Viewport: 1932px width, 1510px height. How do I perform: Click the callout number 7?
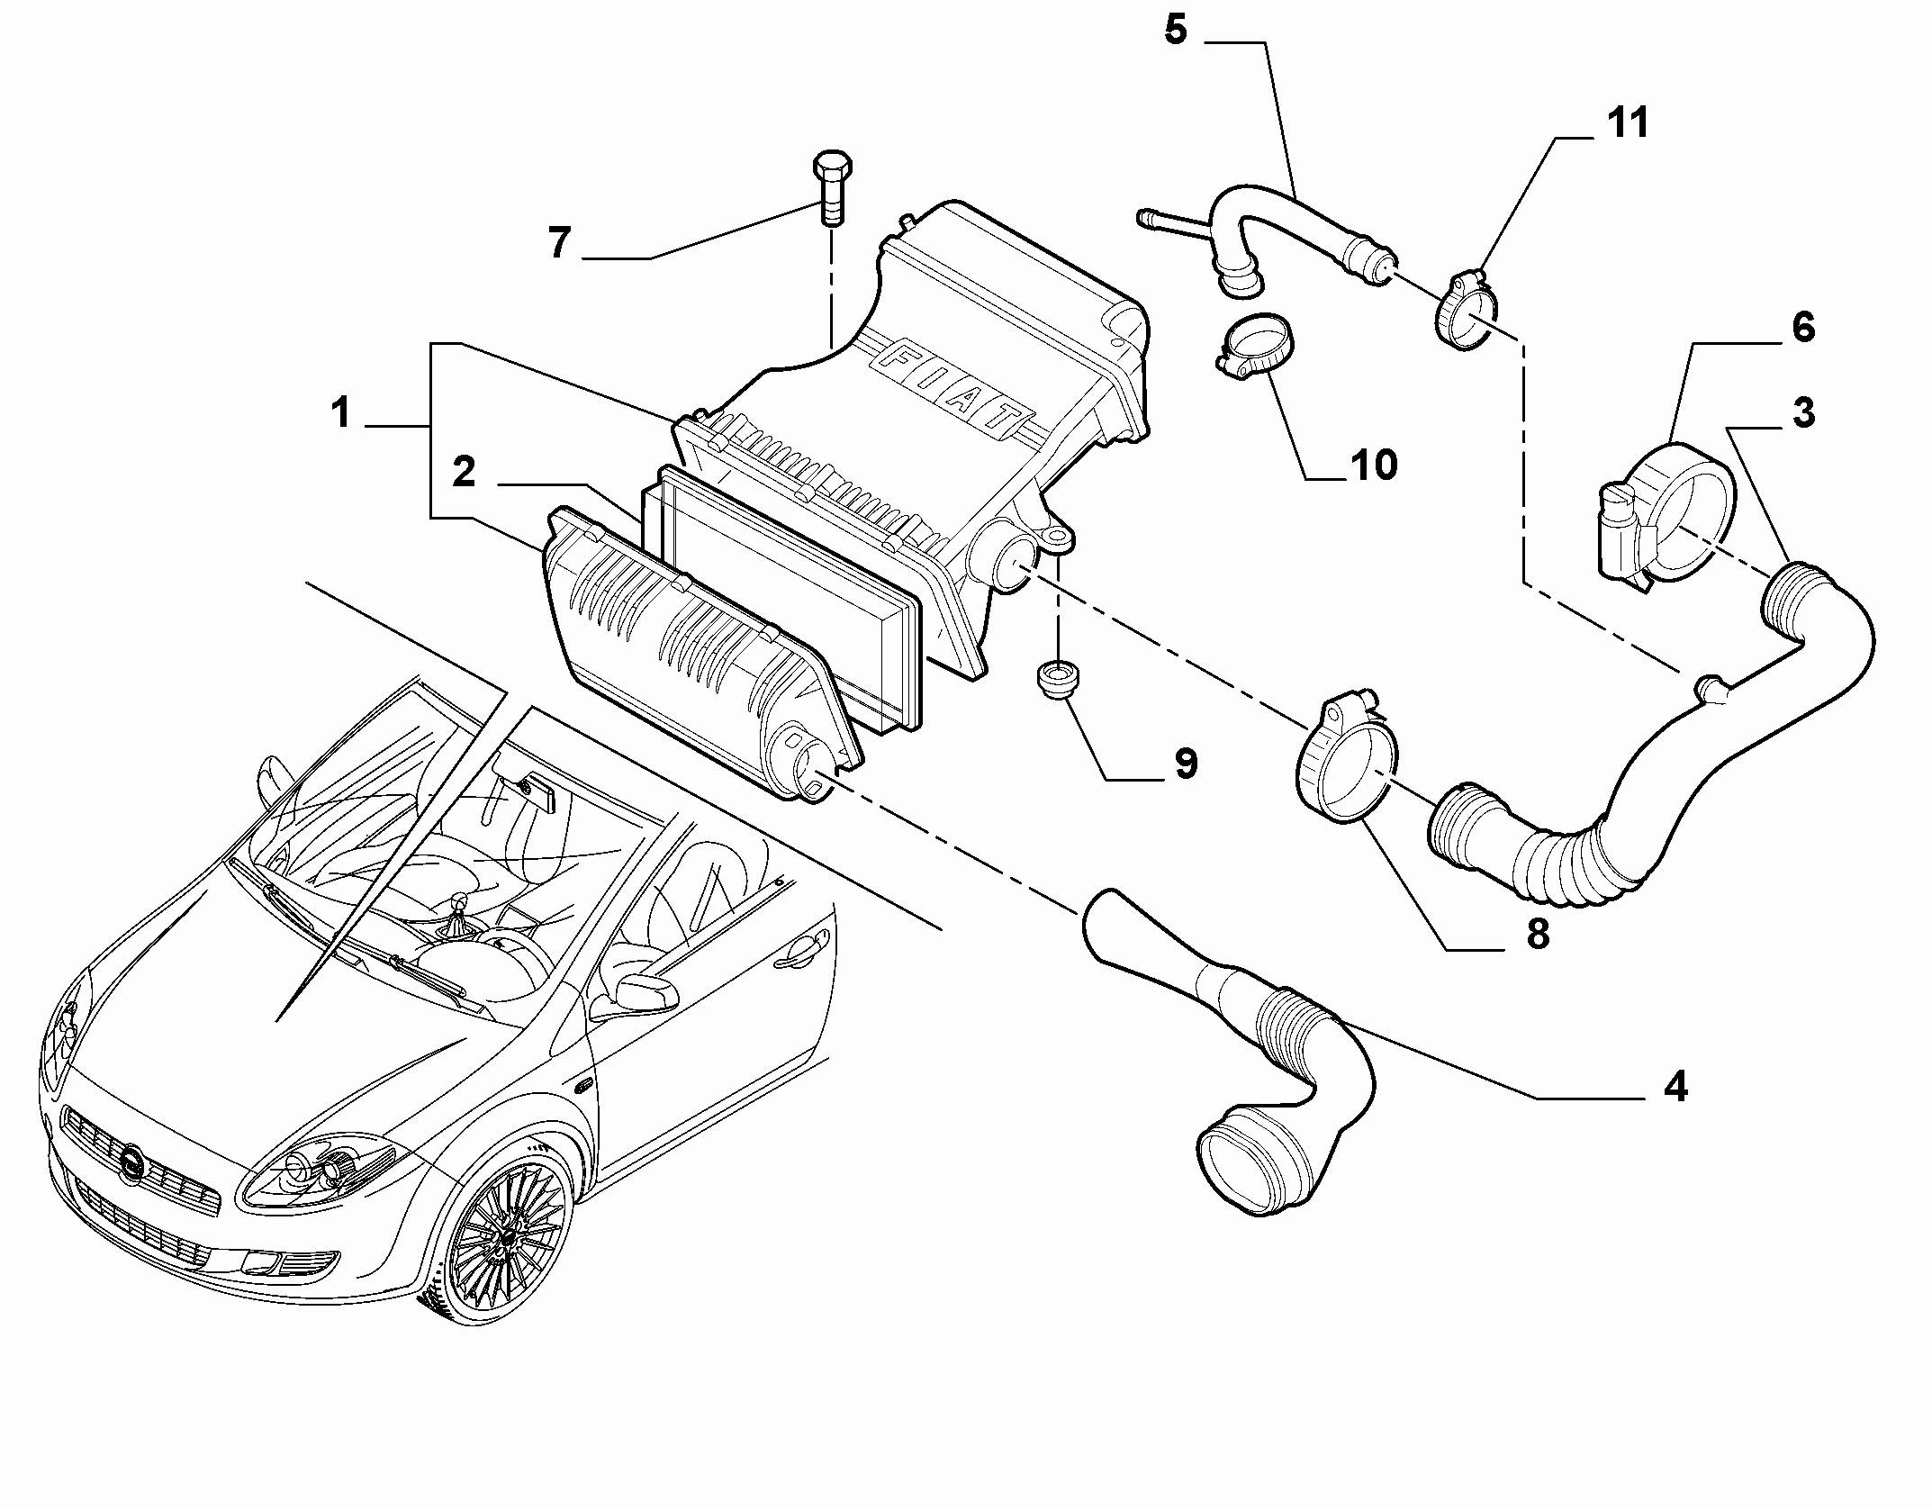[559, 243]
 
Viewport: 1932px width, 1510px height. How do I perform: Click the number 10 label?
[1373, 466]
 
